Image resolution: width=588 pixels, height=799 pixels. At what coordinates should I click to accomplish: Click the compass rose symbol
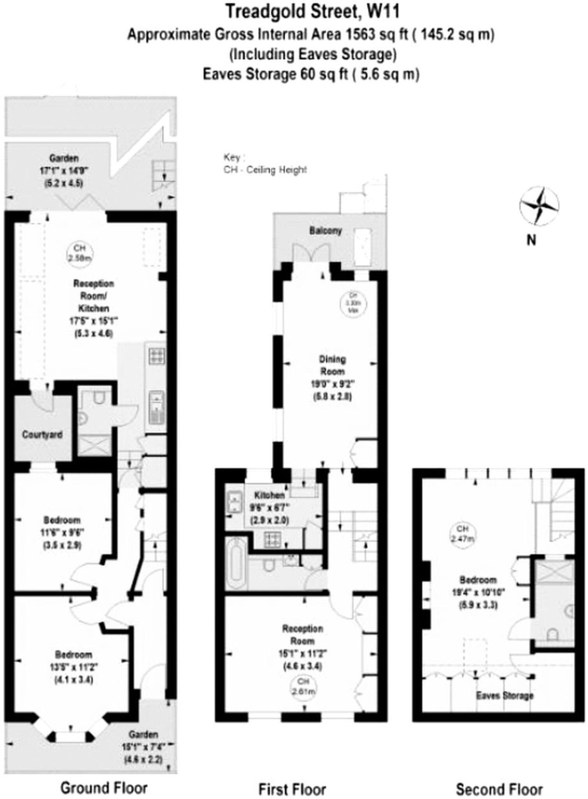tap(539, 206)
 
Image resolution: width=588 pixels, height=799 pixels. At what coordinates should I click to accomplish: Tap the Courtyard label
tap(42, 435)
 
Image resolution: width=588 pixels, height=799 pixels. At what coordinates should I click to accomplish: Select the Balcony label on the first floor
tap(325, 231)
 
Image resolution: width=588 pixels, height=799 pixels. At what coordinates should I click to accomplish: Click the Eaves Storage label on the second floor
tap(505, 696)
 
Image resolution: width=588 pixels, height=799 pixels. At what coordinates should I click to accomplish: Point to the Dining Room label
tap(332, 365)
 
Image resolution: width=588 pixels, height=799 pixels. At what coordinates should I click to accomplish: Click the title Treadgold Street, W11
tap(313, 12)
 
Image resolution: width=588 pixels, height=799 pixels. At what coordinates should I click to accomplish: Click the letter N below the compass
tap(531, 240)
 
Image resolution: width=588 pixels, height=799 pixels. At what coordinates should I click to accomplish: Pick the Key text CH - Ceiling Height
tap(265, 170)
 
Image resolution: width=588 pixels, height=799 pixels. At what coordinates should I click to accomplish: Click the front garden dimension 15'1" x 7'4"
tap(143, 747)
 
